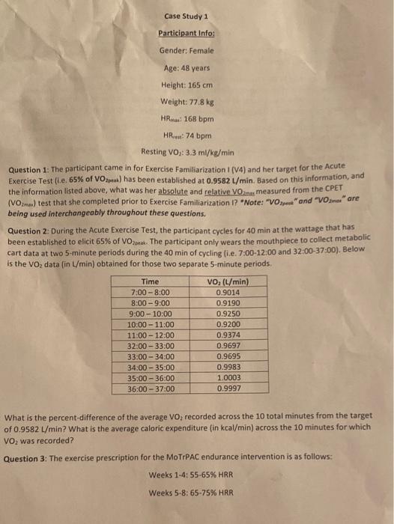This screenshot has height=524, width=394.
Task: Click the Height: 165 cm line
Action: point(187,84)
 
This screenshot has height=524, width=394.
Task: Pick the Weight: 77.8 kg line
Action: point(187,101)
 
